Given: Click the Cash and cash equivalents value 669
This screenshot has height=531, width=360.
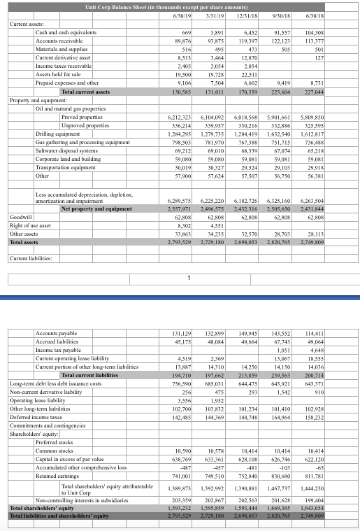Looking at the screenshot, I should [186, 33].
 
